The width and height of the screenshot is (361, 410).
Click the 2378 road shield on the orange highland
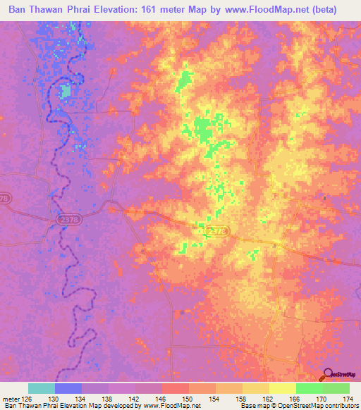[x=219, y=230]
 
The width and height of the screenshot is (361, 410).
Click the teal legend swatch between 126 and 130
[x=42, y=388]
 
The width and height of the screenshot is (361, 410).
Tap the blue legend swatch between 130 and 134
[x=68, y=388]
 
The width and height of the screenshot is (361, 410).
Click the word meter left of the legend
[x=10, y=399]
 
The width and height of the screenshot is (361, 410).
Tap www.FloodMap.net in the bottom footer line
[x=171, y=406]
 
